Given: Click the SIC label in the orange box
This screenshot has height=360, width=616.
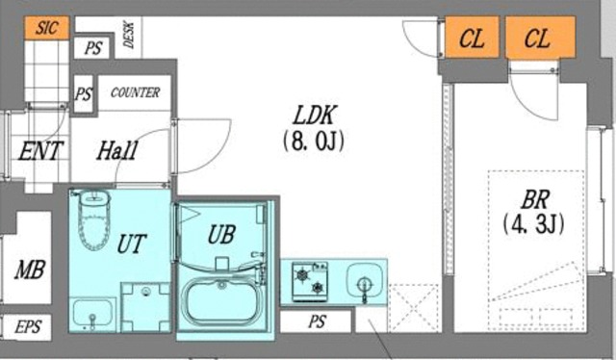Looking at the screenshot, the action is pyautogui.click(x=47, y=28).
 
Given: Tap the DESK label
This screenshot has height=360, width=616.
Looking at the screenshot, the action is pyautogui.click(x=128, y=35).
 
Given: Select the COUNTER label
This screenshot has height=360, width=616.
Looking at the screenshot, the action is pyautogui.click(x=135, y=92).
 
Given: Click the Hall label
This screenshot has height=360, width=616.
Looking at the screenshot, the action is pyautogui.click(x=117, y=150).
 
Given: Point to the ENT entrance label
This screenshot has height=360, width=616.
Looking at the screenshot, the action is pyautogui.click(x=40, y=150).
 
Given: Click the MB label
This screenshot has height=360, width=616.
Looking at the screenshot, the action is pyautogui.click(x=30, y=270).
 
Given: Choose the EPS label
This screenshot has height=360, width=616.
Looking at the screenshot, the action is pyautogui.click(x=28, y=326).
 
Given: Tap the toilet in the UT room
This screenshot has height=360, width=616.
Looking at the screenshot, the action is pyautogui.click(x=94, y=219).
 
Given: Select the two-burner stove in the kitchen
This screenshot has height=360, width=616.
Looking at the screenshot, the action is pyautogui.click(x=310, y=281).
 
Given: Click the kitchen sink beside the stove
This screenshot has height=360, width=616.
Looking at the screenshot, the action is pyautogui.click(x=365, y=282).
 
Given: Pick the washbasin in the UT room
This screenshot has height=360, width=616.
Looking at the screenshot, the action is pyautogui.click(x=92, y=314).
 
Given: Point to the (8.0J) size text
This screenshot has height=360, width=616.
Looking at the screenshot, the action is pyautogui.click(x=313, y=141).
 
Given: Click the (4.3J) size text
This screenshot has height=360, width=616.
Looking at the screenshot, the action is pyautogui.click(x=533, y=225).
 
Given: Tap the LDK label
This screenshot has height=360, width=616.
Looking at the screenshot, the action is pyautogui.click(x=315, y=116).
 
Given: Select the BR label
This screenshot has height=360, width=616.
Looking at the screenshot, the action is pyautogui.click(x=535, y=199).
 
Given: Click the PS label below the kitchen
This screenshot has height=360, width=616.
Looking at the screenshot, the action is pyautogui.click(x=317, y=321).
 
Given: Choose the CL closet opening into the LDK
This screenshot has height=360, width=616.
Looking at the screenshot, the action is pyautogui.click(x=472, y=38).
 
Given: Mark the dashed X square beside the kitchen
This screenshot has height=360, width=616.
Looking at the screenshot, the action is pyautogui.click(x=413, y=309).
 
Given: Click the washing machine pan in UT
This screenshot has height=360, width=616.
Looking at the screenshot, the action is pyautogui.click(x=145, y=307).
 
